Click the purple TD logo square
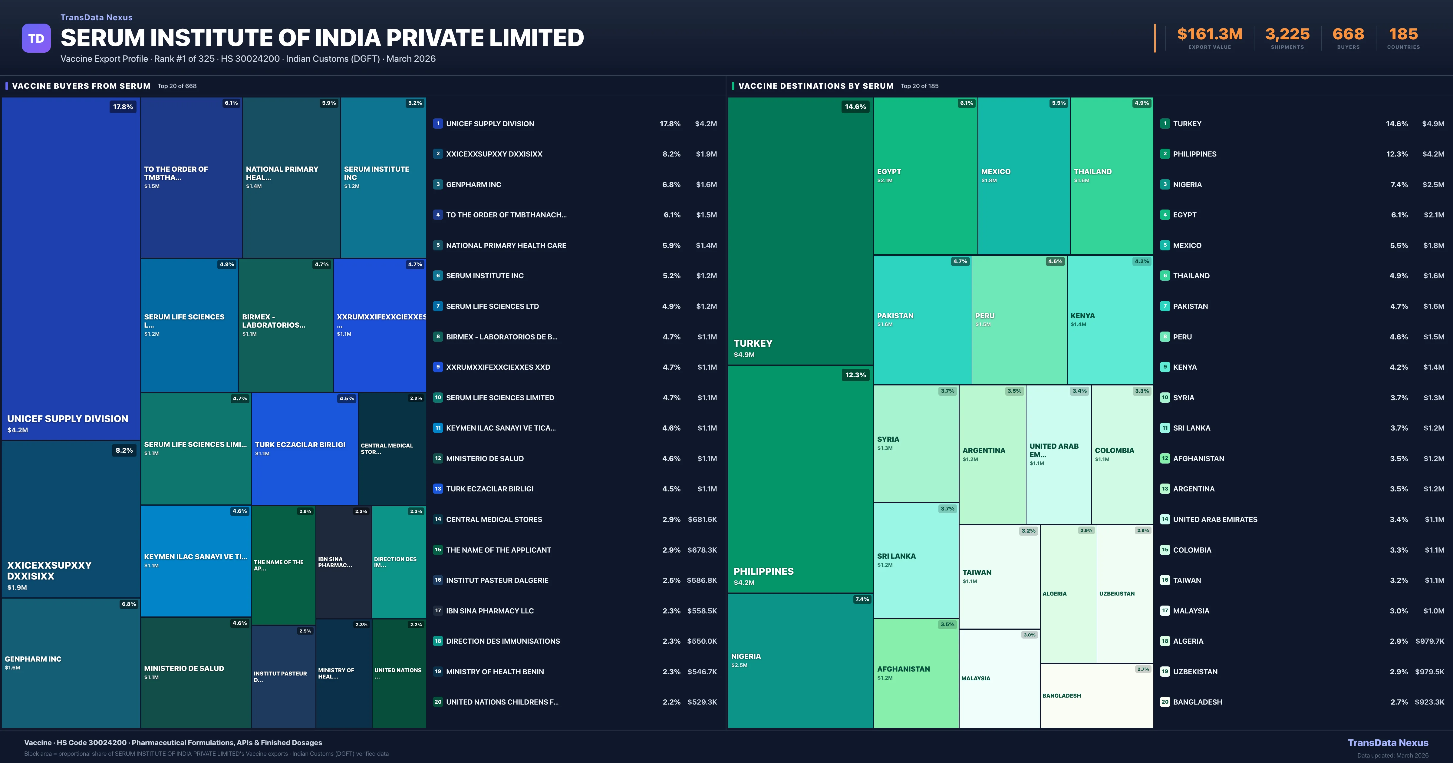coord(36,38)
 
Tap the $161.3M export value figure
coord(1209,35)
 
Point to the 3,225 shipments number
coord(1287,35)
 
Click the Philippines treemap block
coord(800,480)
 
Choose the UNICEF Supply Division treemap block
coord(71,271)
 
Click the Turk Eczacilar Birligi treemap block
coord(305,449)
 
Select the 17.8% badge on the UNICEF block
coord(123,107)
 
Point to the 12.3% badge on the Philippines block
coord(855,375)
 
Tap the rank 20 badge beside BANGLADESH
coord(1165,702)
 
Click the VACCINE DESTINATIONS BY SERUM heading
coord(815,86)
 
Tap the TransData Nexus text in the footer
coord(1388,743)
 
